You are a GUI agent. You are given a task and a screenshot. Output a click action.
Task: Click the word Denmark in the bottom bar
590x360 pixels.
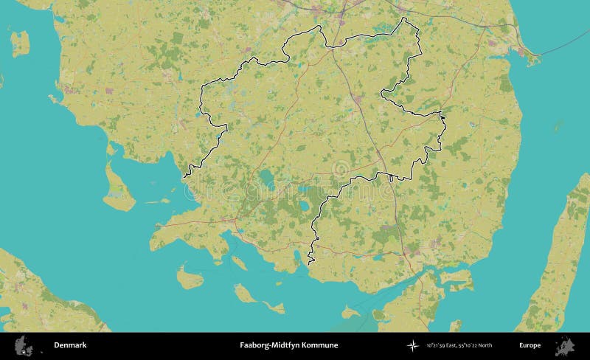pyautogui.click(x=70, y=345)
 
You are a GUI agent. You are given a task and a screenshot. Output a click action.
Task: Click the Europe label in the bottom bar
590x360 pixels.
pyautogui.click(x=530, y=345)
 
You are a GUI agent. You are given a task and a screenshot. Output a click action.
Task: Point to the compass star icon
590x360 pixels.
pyautogui.click(x=412, y=345)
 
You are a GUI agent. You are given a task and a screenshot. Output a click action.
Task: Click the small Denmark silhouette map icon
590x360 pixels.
pyautogui.click(x=24, y=345)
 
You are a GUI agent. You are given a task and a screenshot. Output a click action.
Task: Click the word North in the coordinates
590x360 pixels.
pyautogui.click(x=484, y=345)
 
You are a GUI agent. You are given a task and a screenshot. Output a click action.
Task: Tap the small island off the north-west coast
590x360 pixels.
pyautogui.click(x=20, y=42)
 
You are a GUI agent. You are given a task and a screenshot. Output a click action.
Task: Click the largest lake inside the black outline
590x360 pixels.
pyautogui.click(x=265, y=177)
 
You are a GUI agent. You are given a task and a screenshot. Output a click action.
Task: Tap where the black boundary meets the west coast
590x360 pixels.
pyautogui.click(x=186, y=176)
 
